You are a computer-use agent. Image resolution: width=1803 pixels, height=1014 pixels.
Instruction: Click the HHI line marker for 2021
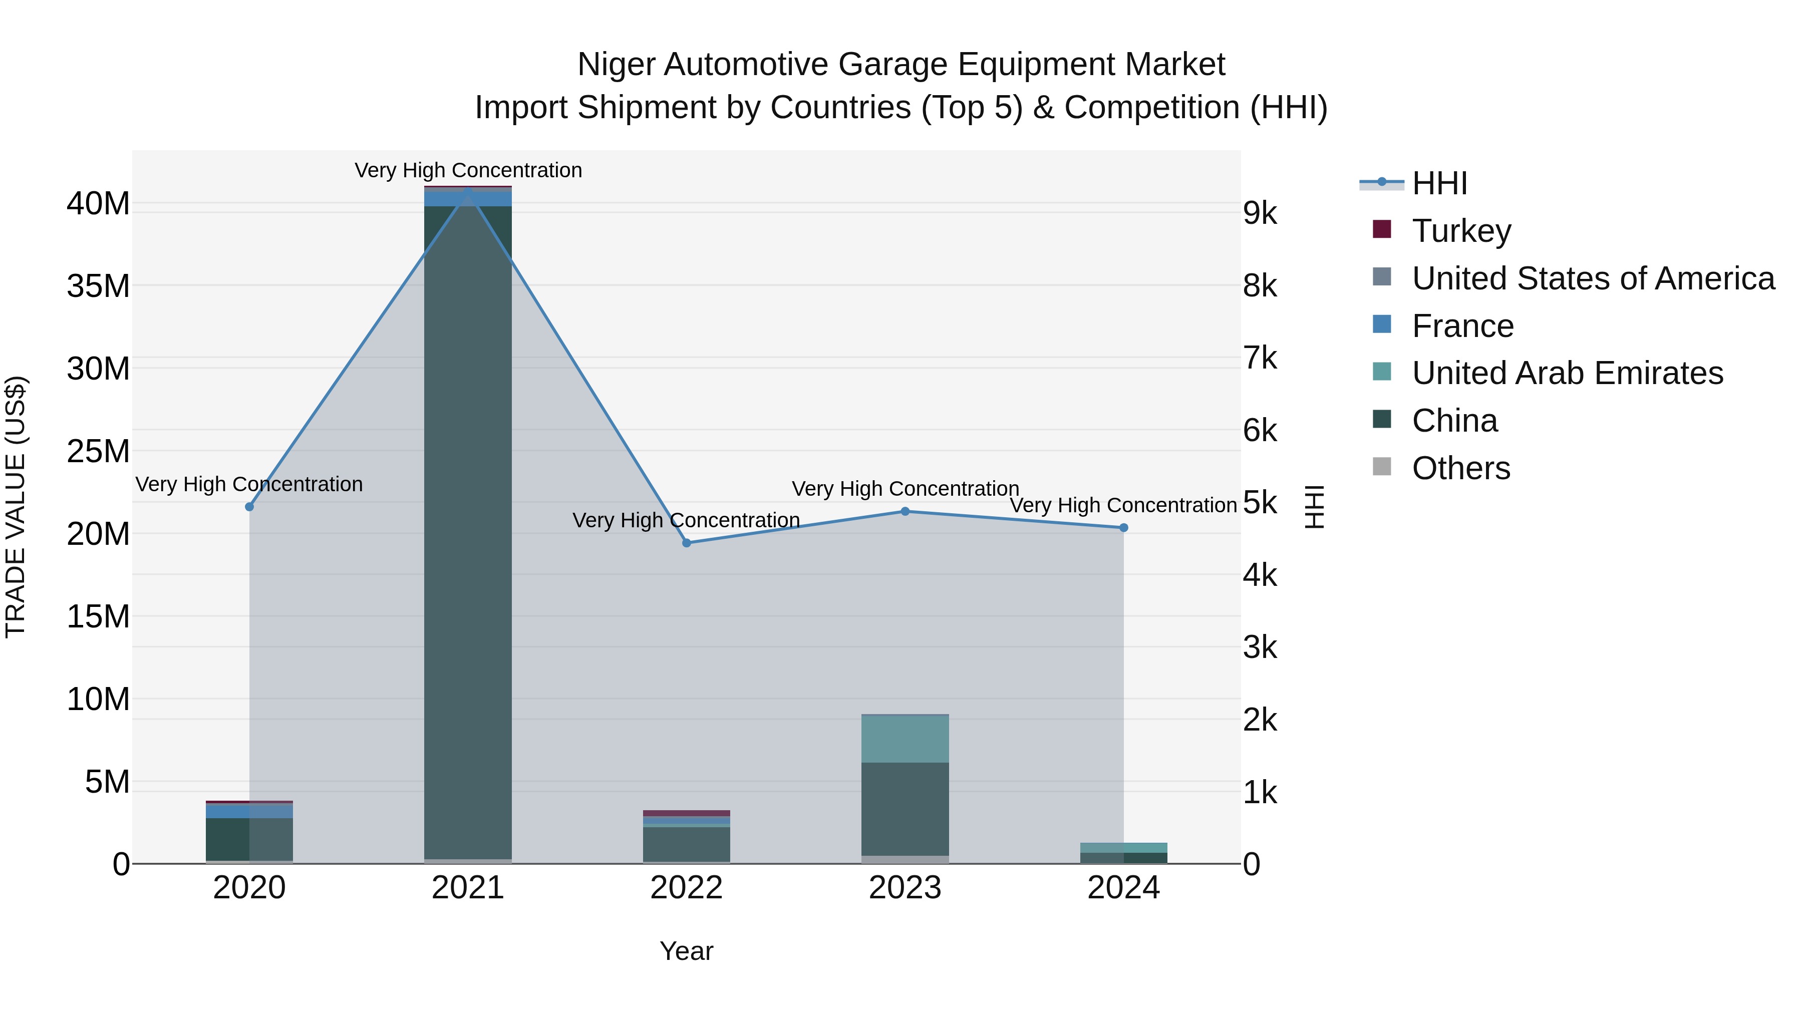(x=468, y=189)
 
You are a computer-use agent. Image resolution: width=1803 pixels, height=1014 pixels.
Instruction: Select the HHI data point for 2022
(x=687, y=543)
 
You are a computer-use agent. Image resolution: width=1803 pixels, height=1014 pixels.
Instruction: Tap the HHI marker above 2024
(x=1123, y=528)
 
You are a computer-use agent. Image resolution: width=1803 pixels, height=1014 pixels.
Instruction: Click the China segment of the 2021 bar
(x=468, y=532)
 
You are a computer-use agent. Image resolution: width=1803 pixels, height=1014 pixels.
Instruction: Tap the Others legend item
(x=1461, y=468)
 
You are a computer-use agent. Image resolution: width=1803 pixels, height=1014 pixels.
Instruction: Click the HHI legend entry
(x=1439, y=183)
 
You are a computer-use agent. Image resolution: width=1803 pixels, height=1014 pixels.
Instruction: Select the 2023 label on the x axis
(x=905, y=888)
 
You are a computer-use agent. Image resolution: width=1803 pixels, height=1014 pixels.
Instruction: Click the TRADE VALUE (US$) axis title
(x=16, y=507)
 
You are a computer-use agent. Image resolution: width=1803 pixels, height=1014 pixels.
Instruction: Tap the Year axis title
(x=686, y=951)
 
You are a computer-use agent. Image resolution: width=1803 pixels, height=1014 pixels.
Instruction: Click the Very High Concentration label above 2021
(x=468, y=170)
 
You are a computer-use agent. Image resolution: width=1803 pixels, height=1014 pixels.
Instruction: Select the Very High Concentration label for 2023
(x=905, y=488)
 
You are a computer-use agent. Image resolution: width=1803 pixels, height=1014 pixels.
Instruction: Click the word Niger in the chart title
(x=616, y=65)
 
